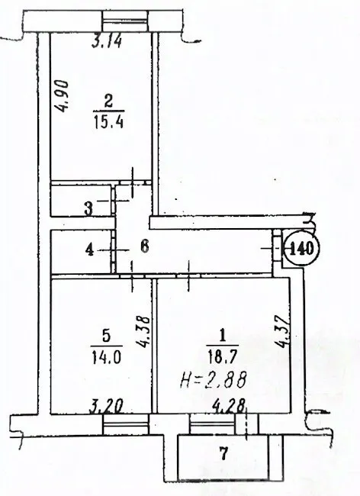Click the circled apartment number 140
pyautogui.click(x=301, y=248)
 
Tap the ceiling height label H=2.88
pyautogui.click(x=214, y=380)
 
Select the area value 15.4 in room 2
pyautogui.click(x=109, y=121)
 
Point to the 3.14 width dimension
pyautogui.click(x=107, y=41)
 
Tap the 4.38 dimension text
pyautogui.click(x=143, y=331)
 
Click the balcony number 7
pyautogui.click(x=223, y=454)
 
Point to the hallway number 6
pyautogui.click(x=144, y=246)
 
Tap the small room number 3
pyautogui.click(x=88, y=209)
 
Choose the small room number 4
pyautogui.click(x=90, y=250)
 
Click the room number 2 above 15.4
pyautogui.click(x=108, y=102)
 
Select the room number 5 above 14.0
pyautogui.click(x=107, y=337)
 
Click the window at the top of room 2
pyautogui.click(x=126, y=21)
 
